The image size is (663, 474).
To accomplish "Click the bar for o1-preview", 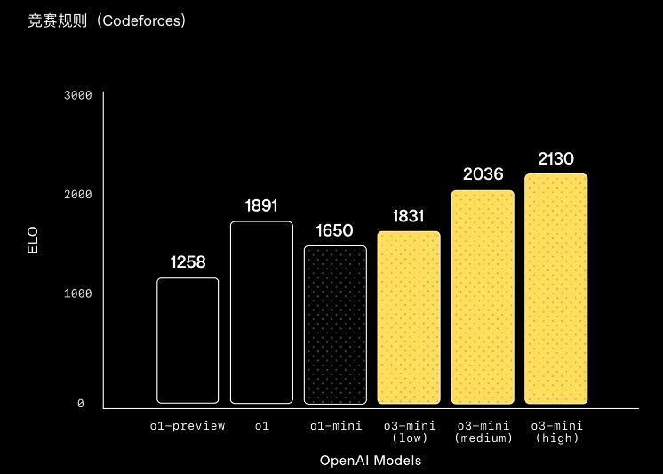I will click(188, 341).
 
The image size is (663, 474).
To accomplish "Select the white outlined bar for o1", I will click(261, 312).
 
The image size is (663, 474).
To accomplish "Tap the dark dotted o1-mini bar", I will click(335, 325).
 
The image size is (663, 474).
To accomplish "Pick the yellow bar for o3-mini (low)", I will click(409, 317).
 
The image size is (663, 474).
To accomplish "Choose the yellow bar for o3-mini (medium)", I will click(483, 297).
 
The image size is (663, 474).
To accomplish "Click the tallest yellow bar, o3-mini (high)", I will click(556, 288).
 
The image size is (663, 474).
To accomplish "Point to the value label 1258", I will click(188, 262).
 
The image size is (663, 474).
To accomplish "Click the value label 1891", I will click(261, 206).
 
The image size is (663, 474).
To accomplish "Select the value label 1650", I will click(335, 231).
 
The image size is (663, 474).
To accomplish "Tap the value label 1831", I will click(409, 216).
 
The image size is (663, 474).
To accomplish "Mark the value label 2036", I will click(483, 174).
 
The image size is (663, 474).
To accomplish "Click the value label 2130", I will click(556, 159).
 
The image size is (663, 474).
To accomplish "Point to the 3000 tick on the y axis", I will click(78, 95).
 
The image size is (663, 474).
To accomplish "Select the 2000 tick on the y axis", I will click(78, 194).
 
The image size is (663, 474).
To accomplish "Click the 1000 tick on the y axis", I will click(78, 293).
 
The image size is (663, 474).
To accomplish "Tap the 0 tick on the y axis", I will click(81, 404).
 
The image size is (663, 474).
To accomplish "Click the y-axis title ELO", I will click(33, 241).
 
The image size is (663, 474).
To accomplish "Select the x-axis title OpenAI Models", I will click(371, 461).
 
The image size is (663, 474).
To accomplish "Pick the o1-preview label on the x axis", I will click(188, 426).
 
